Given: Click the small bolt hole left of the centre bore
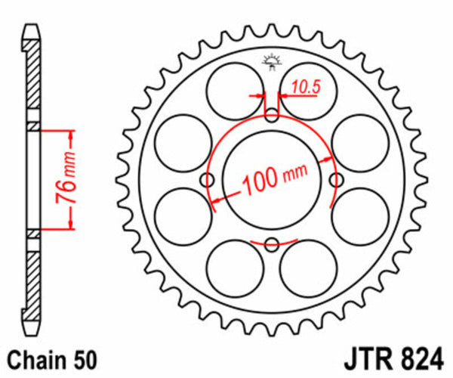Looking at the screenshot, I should [208, 180].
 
